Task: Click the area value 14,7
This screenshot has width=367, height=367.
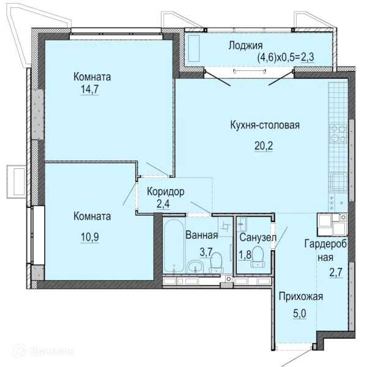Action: coord(90,89)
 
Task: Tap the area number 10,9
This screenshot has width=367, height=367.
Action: coord(90,237)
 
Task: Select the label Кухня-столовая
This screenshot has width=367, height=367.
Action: coord(265,125)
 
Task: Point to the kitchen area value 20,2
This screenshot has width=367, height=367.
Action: coord(264,146)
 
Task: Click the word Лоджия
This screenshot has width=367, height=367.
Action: coord(245,46)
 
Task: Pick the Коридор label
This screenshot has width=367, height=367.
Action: coord(166,192)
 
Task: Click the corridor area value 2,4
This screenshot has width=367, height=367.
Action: coord(163,204)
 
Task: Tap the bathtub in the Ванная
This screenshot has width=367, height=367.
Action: coord(174,246)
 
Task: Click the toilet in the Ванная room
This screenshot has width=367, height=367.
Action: coord(216,262)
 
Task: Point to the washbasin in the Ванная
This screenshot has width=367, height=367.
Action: coord(196,266)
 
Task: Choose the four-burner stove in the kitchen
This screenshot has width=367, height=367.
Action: coord(338,134)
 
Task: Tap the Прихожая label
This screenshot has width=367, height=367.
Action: coord(301,297)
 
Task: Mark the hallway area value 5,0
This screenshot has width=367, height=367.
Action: coord(300,314)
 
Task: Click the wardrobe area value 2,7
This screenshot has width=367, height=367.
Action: coord(336,273)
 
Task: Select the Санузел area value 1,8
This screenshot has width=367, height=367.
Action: coord(245,255)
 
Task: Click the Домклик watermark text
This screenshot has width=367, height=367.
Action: coord(52,351)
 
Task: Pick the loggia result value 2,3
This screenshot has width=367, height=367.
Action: coord(307,57)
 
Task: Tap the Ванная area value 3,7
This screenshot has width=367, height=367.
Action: coord(206,252)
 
